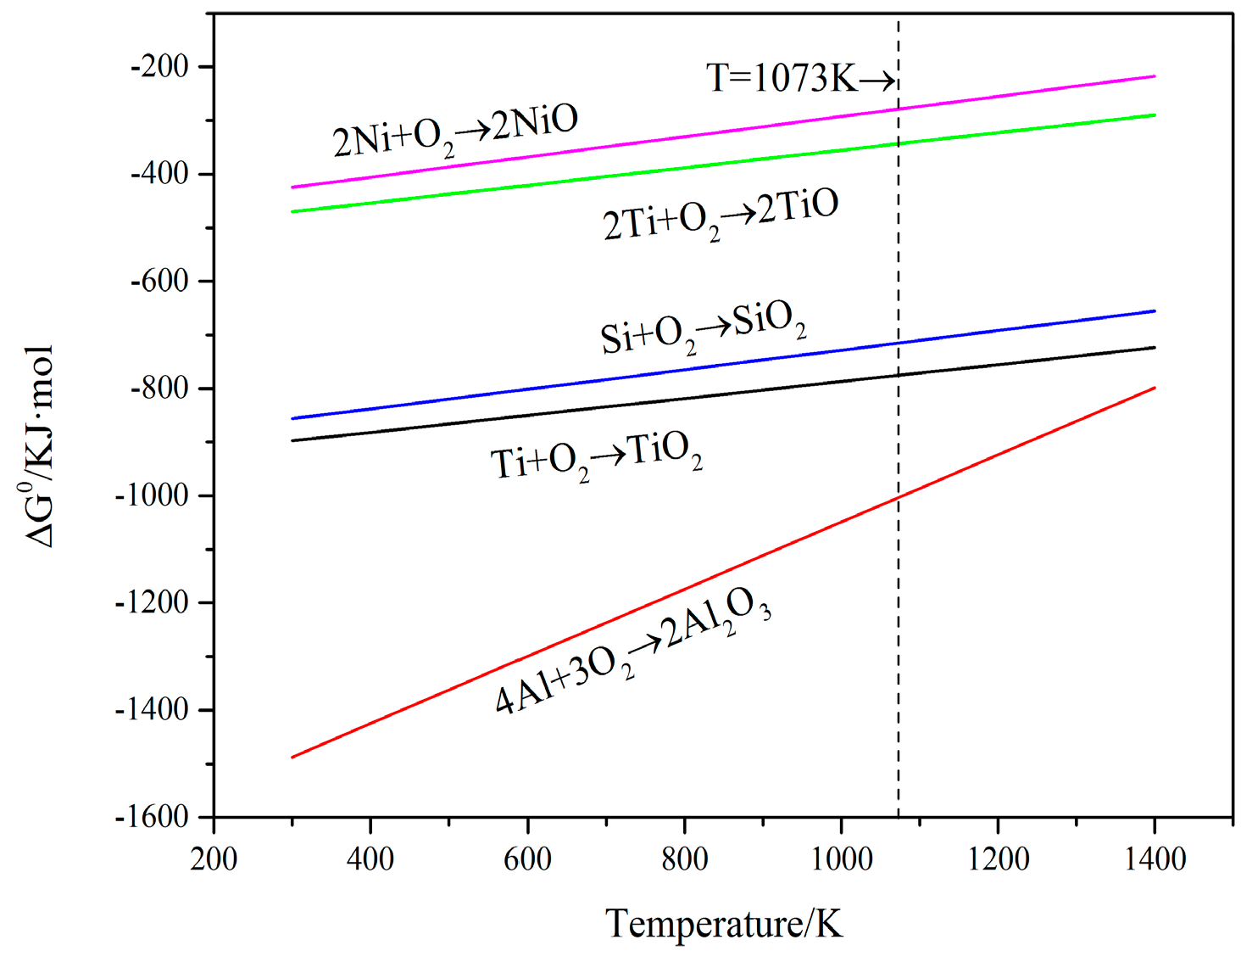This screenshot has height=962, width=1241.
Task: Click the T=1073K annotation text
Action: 800,79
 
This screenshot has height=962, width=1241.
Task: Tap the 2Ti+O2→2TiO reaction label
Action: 721,215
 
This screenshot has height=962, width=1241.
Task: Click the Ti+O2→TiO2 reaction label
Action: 596,457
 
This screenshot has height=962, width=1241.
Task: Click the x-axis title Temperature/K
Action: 724,923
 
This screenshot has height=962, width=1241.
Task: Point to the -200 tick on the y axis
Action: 159,66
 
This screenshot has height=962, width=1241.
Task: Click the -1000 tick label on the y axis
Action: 152,495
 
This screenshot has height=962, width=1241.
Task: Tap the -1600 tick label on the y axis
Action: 152,817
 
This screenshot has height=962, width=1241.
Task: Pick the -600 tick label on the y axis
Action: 159,281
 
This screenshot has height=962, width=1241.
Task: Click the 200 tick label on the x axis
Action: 214,859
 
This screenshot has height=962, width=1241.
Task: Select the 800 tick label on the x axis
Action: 684,859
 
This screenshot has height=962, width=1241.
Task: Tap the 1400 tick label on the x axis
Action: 1155,859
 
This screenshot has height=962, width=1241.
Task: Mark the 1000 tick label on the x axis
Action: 841,859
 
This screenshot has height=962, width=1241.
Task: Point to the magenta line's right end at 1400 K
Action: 1155,76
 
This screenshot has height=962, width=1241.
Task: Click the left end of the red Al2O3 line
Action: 292,757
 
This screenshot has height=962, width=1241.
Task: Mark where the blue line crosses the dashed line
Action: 899,343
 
